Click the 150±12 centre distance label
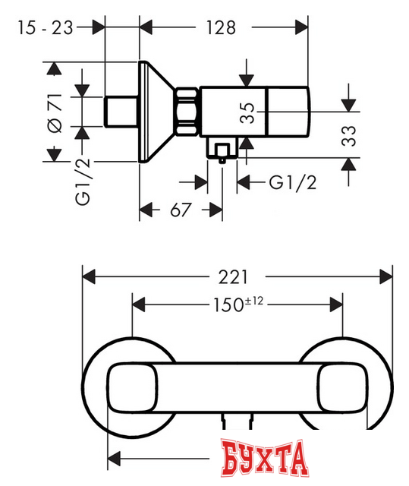pyautogui.click(x=236, y=305)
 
